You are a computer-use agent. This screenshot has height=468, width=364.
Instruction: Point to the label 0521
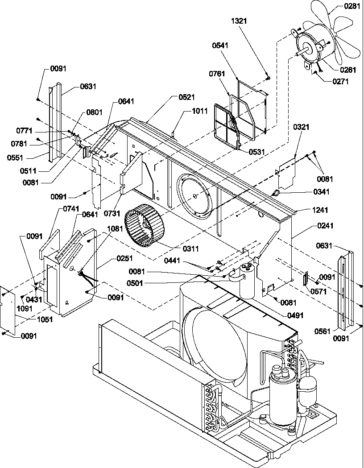(186, 97)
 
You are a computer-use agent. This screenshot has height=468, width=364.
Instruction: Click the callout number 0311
(190, 248)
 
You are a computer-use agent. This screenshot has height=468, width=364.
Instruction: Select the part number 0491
(296, 315)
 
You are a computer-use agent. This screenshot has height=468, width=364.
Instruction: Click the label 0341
(308, 192)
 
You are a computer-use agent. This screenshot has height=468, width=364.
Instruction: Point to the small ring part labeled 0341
(276, 193)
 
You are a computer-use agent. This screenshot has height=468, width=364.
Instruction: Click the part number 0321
(301, 127)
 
